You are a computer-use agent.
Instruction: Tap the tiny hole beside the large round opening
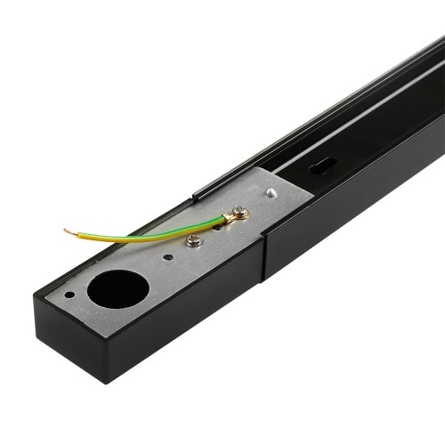click(x=70, y=294)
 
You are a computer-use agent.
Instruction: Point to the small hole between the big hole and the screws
click(x=168, y=258)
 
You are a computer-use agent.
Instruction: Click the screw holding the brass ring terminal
click(x=238, y=213)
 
